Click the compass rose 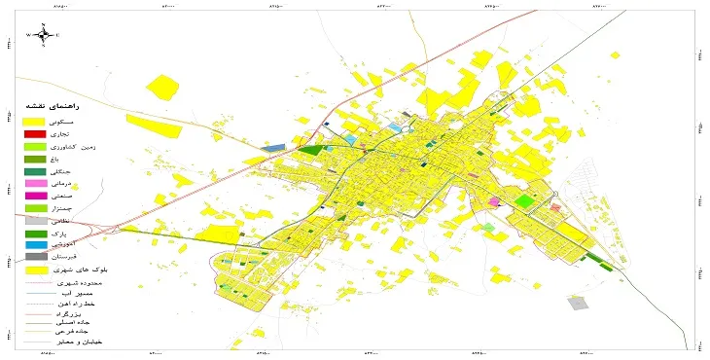(x=43, y=35)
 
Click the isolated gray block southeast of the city (x=578, y=303)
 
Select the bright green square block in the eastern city (x=524, y=200)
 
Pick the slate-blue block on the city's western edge (x=272, y=148)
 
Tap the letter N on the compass (x=43, y=23)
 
